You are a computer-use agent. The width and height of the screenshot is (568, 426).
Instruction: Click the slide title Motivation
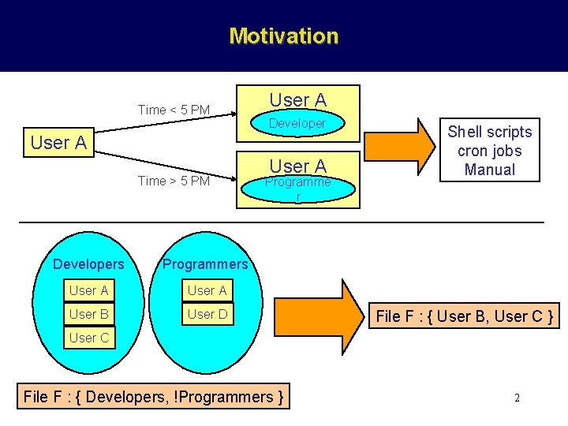click(x=283, y=36)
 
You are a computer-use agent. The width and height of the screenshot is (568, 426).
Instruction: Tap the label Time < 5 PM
click(x=174, y=110)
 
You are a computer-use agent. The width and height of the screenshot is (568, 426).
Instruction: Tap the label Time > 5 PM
click(x=174, y=181)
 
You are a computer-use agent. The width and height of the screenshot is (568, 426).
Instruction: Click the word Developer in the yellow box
click(x=297, y=124)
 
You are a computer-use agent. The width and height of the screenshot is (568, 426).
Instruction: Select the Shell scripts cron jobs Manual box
click(x=490, y=151)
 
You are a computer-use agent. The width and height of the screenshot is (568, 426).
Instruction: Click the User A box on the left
click(x=58, y=143)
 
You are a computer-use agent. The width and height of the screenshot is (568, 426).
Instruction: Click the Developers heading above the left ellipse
click(x=88, y=263)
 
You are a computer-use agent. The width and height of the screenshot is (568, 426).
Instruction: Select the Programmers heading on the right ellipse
click(x=205, y=263)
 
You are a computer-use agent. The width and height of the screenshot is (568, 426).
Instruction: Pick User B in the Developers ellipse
click(x=88, y=314)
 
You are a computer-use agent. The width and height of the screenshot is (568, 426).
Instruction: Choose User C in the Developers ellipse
click(x=88, y=338)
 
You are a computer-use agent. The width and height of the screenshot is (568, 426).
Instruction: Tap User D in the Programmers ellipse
click(x=207, y=314)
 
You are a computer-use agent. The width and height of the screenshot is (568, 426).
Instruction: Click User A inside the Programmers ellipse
click(x=207, y=290)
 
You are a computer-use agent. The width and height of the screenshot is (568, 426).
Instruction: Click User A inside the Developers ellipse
click(x=88, y=290)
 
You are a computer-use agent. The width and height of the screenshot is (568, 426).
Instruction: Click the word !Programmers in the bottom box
click(x=230, y=397)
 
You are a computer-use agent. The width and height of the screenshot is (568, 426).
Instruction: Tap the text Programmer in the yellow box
click(x=297, y=182)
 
